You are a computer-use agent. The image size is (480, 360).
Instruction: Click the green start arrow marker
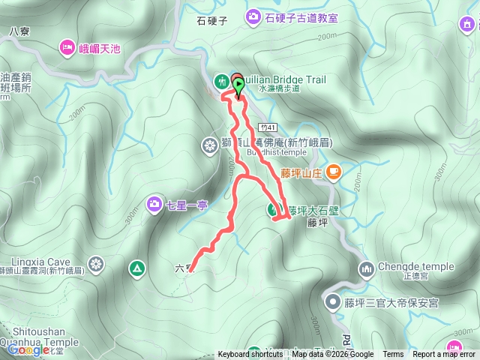[239, 87]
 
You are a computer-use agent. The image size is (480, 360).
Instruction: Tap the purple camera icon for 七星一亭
[154, 203]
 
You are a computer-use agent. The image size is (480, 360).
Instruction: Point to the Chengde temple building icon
[367, 268]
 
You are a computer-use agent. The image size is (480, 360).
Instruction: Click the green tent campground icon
[136, 267]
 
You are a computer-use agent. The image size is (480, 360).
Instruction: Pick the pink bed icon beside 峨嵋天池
[66, 49]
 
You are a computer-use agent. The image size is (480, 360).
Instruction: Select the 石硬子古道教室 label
[301, 16]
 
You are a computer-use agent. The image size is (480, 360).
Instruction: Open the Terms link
[393, 355]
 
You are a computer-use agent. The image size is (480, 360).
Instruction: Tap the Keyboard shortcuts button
[250, 355]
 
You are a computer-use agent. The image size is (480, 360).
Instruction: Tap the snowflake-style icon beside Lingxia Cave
[96, 263]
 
